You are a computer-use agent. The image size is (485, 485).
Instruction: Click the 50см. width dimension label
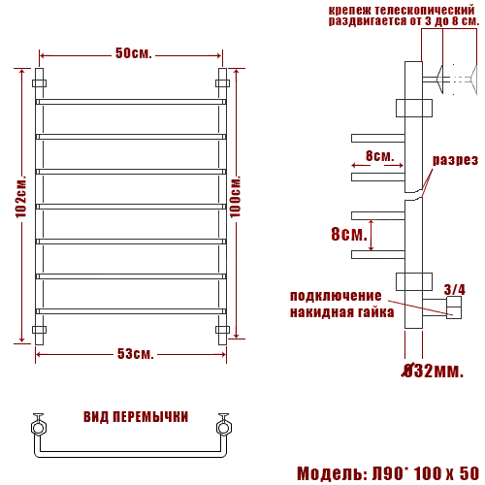[x=133, y=53]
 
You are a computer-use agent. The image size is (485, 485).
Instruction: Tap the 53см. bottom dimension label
[x=135, y=353]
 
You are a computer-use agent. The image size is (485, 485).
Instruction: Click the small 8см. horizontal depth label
[x=379, y=156]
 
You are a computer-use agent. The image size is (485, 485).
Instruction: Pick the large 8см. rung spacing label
[x=348, y=235]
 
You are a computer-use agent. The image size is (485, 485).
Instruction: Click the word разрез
[x=455, y=161]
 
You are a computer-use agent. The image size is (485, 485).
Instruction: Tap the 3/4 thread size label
[x=453, y=289]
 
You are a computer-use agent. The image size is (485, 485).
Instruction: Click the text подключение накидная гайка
[x=341, y=304]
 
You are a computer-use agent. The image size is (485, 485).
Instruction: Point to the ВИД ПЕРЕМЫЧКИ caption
[x=136, y=417]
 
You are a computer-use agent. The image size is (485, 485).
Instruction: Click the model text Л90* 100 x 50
[x=388, y=472]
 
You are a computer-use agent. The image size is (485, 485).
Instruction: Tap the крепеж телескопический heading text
[x=404, y=14]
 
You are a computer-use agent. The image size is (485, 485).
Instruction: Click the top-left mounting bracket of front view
[x=39, y=83]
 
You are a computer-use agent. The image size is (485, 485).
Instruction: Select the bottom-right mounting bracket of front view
[x=222, y=330]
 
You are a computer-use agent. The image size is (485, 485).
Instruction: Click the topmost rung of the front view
[x=131, y=101]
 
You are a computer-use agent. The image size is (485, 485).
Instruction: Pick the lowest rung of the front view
[x=131, y=310]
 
